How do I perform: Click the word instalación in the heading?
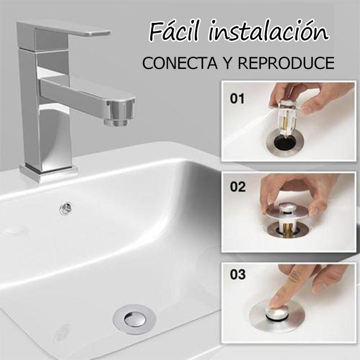[x=269, y=31]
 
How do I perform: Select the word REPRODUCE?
[x=286, y=63]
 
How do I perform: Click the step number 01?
[x=237, y=99]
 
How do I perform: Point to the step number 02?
[x=238, y=187]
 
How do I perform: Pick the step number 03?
[x=238, y=274]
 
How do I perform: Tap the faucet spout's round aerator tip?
[x=119, y=113]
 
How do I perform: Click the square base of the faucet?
[x=49, y=172]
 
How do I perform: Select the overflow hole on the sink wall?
[x=66, y=209]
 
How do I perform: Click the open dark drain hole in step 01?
[x=285, y=142]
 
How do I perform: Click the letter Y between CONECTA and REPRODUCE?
[x=228, y=63]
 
